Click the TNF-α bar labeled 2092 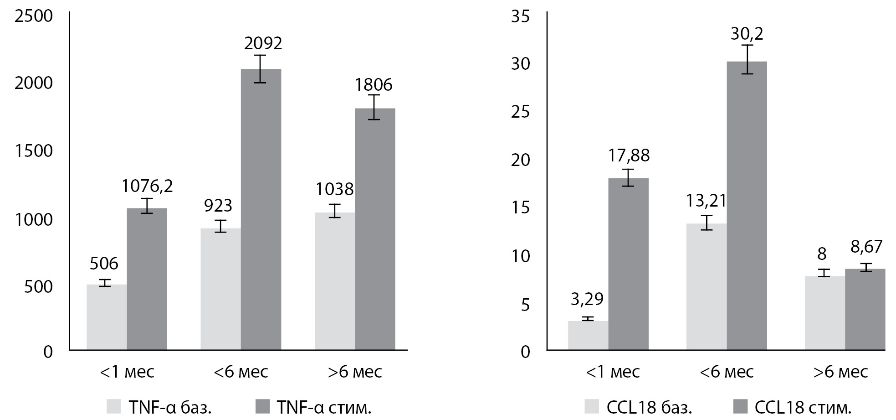click(x=261, y=210)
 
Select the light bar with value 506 click(x=107, y=317)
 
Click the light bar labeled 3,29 click(x=588, y=336)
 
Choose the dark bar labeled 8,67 click(x=865, y=310)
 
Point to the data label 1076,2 click(x=147, y=186)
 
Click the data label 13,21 click(x=707, y=201)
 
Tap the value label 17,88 click(x=628, y=156)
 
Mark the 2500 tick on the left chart click(x=34, y=16)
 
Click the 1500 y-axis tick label click(x=34, y=151)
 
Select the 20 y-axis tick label click(x=520, y=161)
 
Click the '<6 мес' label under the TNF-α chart click(x=241, y=372)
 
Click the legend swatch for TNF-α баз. click(x=114, y=406)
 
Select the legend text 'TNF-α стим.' click(x=324, y=407)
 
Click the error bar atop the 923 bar click(x=220, y=226)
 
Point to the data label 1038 click(x=335, y=189)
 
